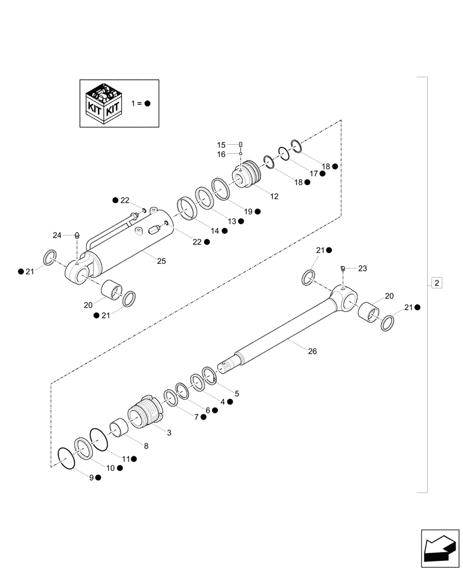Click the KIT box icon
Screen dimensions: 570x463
(x=103, y=104)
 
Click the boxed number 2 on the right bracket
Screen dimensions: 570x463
(x=436, y=283)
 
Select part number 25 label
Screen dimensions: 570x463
(x=161, y=261)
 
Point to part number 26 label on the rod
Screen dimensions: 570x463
(x=312, y=351)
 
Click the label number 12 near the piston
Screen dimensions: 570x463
(x=274, y=196)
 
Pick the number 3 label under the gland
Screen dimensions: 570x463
(x=169, y=433)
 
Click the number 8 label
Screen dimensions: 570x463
(x=146, y=446)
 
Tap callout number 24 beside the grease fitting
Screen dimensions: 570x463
(x=57, y=235)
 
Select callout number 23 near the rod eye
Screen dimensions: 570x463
(x=363, y=267)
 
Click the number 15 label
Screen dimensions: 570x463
(x=221, y=145)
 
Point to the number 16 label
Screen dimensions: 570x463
(x=221, y=154)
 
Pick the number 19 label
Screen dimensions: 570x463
(x=248, y=211)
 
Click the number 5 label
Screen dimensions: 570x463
(x=237, y=393)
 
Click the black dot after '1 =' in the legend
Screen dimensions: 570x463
(x=147, y=104)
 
